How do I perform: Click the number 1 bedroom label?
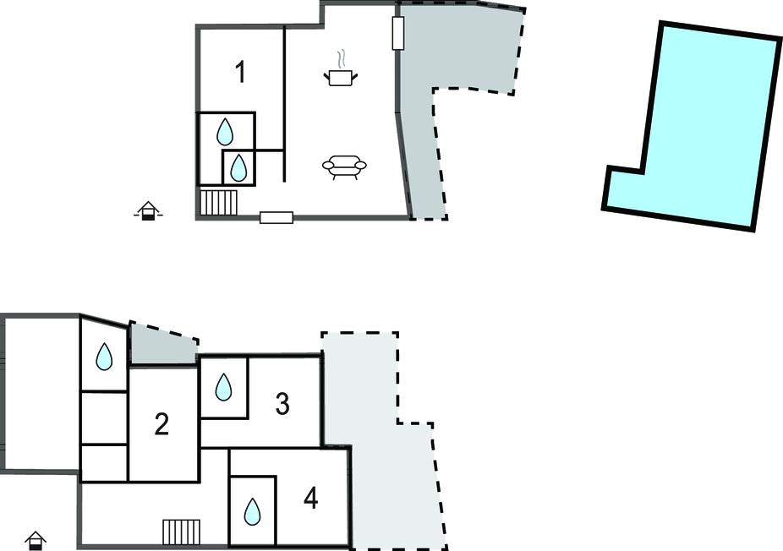click(241, 72)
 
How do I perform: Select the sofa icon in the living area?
click(344, 166)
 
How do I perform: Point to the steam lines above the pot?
click(341, 58)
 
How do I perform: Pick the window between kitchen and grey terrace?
click(398, 33)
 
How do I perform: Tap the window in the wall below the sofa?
click(277, 217)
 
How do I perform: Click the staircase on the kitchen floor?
click(219, 202)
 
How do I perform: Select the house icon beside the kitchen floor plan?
click(148, 210)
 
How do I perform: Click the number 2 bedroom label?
click(162, 424)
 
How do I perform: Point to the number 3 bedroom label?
click(282, 403)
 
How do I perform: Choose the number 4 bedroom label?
click(310, 498)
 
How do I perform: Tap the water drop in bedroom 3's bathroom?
click(223, 387)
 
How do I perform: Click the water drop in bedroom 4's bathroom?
click(252, 511)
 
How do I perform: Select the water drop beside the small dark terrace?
click(104, 357)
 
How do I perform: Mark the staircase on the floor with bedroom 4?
click(181, 532)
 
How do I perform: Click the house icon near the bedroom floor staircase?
click(36, 541)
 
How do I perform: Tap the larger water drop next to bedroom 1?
click(225, 132)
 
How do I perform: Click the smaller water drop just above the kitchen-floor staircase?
click(238, 167)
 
